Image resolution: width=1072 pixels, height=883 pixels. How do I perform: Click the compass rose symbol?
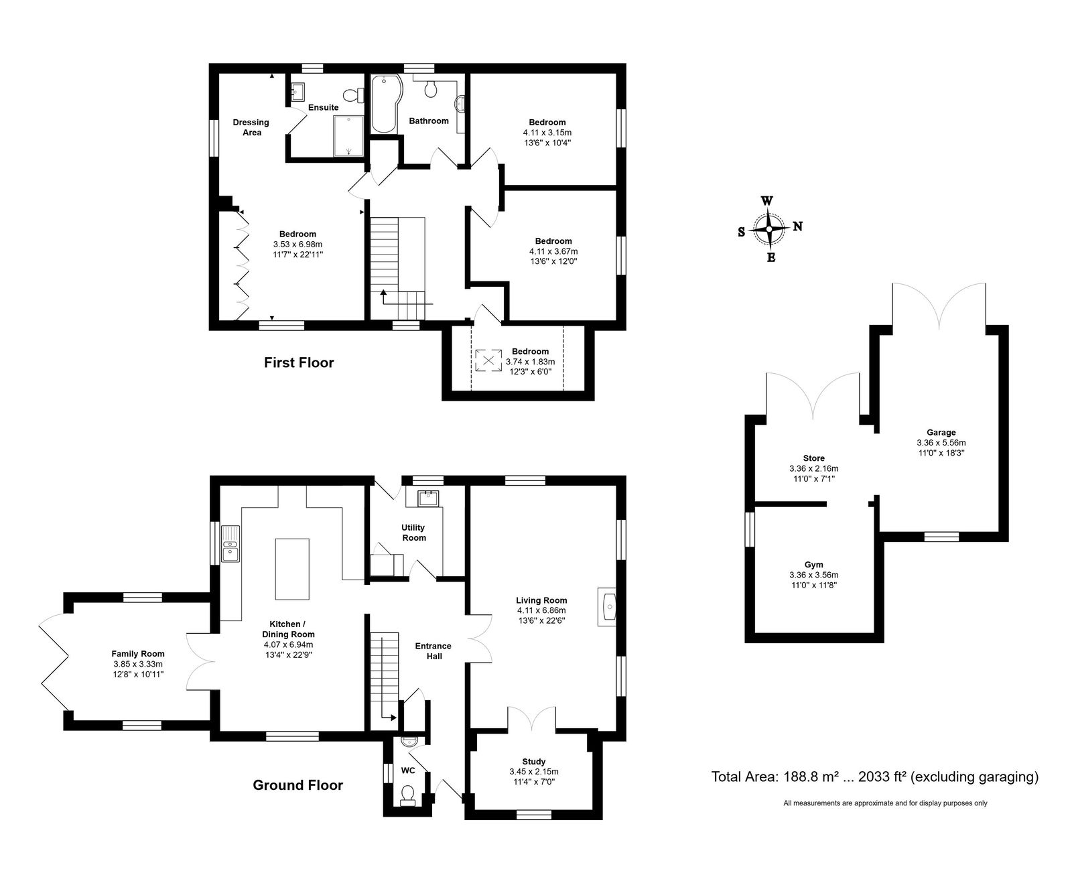point(769,228)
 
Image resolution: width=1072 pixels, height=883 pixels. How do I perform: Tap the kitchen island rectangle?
point(292,569)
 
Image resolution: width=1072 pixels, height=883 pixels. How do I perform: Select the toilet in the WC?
point(407,796)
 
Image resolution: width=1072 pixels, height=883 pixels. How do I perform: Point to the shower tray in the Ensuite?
point(348,136)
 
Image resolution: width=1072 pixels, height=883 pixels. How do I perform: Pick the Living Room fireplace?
point(606,607)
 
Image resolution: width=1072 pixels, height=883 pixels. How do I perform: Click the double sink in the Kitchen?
point(229,544)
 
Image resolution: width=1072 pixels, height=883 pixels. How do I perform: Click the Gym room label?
point(814,565)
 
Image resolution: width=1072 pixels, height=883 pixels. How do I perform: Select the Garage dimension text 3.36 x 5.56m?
point(941,443)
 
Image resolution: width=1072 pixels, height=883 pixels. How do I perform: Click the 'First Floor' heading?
point(299,362)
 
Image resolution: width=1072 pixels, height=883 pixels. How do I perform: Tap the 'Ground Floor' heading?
point(297,785)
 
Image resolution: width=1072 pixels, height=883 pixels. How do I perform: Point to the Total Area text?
point(875,777)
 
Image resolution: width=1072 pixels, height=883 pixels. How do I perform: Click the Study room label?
point(534,762)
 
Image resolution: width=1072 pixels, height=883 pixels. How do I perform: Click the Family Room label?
point(138,654)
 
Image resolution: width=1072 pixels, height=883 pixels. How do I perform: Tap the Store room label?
point(814,458)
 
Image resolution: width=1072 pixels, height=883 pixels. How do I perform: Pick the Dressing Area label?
point(251,127)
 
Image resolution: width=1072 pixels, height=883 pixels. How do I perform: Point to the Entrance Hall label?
point(433,651)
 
